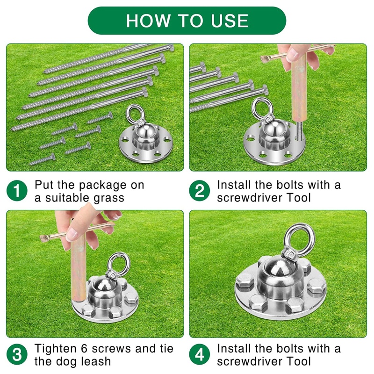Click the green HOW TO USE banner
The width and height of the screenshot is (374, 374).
187,21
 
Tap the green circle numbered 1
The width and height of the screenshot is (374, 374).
17,191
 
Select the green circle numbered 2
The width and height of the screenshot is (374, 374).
199,191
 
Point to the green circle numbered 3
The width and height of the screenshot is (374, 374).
17,355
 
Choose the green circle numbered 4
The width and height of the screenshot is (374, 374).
199,355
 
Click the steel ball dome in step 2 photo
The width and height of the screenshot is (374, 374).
270,131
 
